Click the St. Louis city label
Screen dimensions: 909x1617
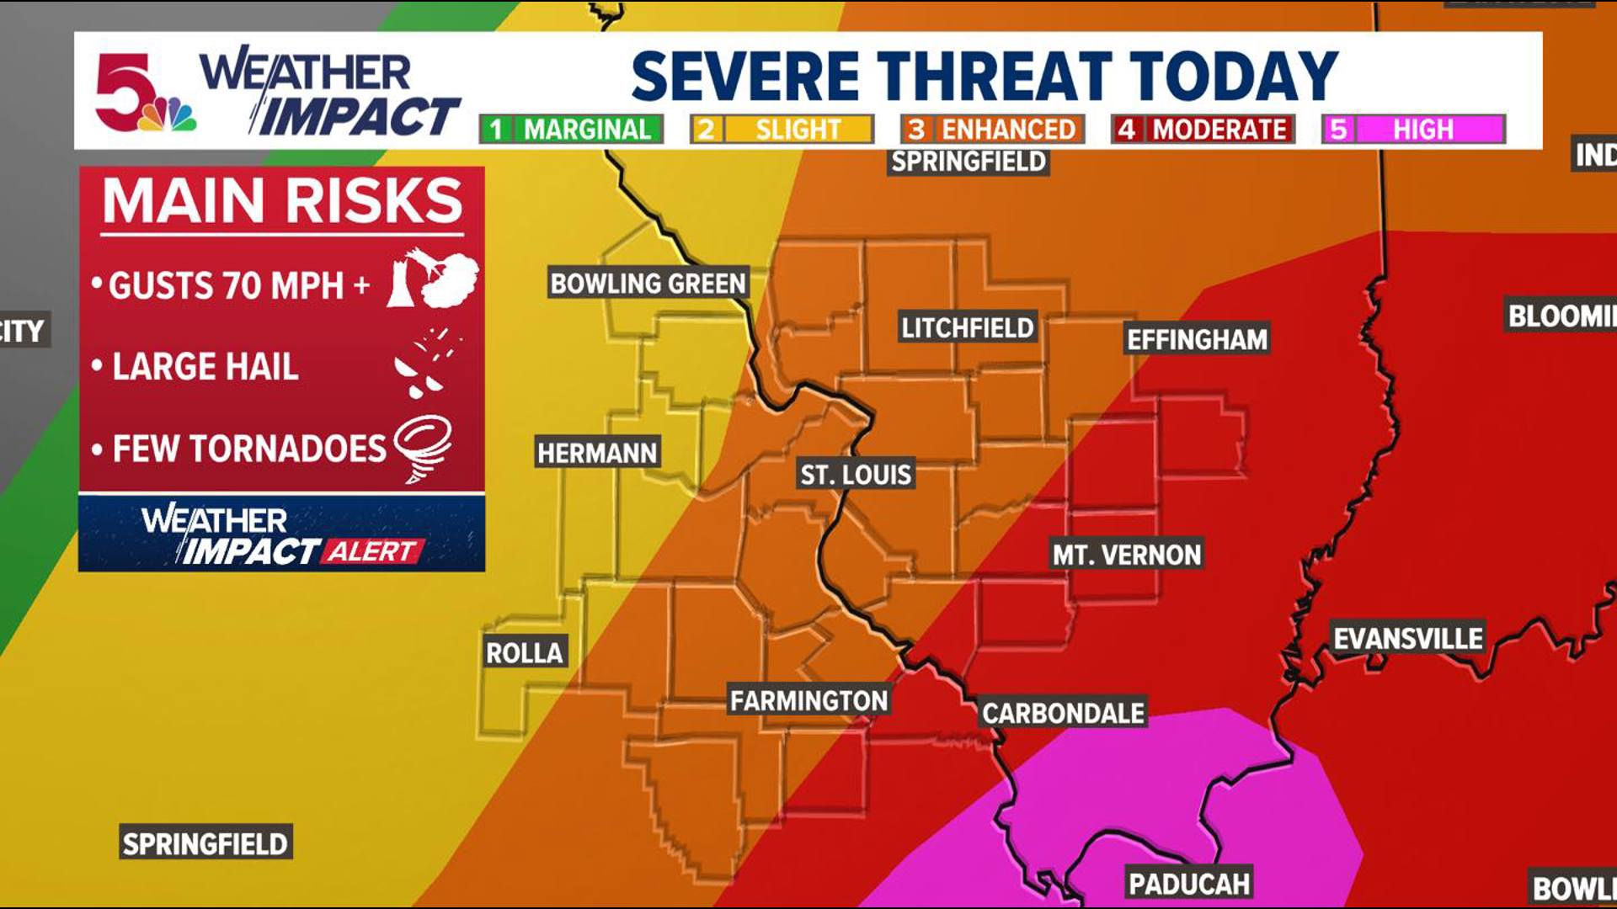(856, 475)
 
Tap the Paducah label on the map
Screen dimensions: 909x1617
(1189, 884)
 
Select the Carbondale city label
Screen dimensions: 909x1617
(1063, 714)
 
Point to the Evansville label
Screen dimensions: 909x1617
(1408, 638)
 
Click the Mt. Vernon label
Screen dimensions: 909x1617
(1127, 555)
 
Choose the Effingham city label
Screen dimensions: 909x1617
(1197, 339)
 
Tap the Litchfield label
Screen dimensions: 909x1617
(968, 327)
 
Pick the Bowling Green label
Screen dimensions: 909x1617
(648, 283)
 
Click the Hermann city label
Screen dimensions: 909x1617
(597, 453)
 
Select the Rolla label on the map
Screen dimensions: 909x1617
(525, 652)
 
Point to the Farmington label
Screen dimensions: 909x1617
(808, 700)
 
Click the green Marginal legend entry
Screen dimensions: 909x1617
(572, 130)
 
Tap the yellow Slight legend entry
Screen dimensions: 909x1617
(782, 130)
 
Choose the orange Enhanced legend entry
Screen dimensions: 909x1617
(992, 130)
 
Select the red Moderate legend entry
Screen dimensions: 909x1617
(1203, 130)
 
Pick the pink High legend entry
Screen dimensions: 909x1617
(1413, 130)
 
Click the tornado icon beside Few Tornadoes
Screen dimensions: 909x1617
(424, 448)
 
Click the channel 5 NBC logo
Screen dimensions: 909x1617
(143, 94)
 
